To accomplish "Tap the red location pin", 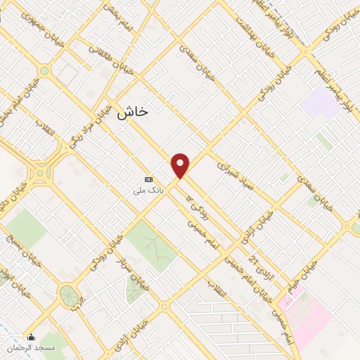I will [181, 166].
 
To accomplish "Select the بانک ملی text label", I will [149, 190].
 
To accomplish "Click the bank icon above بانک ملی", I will [148, 179].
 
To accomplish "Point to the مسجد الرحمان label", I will [31, 348].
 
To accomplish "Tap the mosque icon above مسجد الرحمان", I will [31, 337].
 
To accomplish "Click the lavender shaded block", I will [320, 103].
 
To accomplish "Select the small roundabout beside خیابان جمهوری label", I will [44, 70].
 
